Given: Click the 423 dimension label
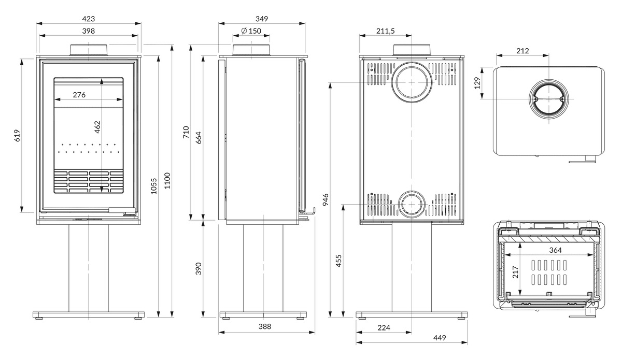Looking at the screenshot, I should (x=89, y=19).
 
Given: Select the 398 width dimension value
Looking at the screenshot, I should (x=89, y=31).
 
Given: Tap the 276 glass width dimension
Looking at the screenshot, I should (x=79, y=95).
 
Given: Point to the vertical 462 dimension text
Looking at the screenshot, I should (x=97, y=127).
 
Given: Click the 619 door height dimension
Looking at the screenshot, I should (x=17, y=136).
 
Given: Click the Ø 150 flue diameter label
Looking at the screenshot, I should (x=251, y=31).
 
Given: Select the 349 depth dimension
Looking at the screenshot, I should (x=262, y=19).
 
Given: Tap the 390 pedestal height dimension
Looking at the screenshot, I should (x=197, y=269).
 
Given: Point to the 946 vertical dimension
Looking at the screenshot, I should (x=326, y=199).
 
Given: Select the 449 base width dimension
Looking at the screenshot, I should (x=440, y=338).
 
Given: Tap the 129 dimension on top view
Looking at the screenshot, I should (x=478, y=82).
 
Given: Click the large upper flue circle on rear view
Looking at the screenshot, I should (x=411, y=82).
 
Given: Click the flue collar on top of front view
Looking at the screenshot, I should (x=89, y=50).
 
